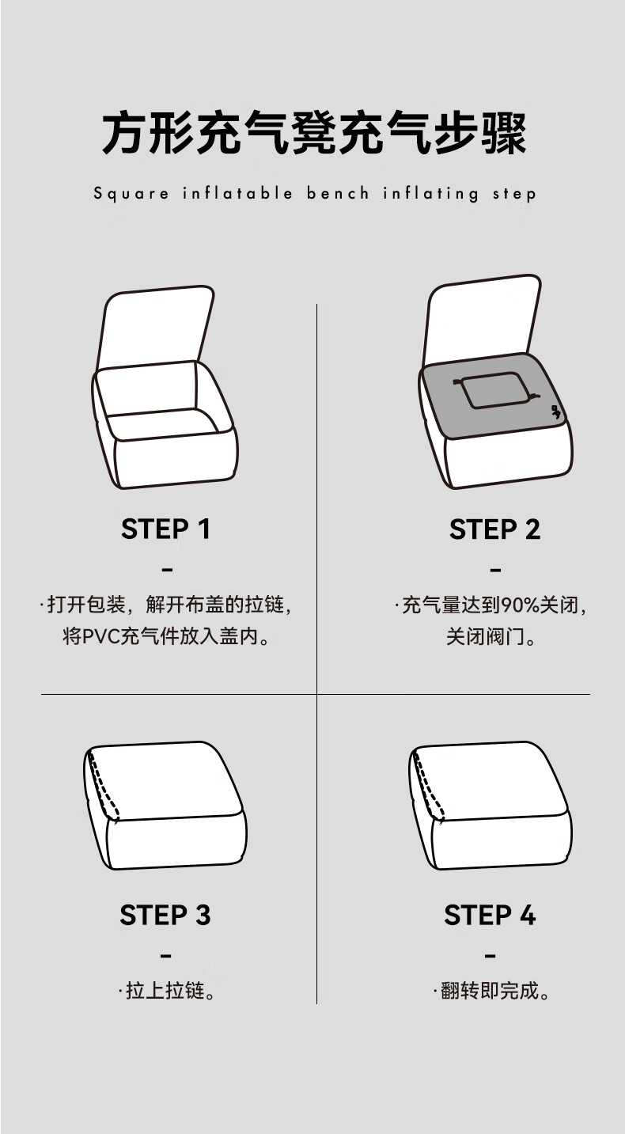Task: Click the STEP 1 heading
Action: [165, 529]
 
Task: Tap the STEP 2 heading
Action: [494, 529]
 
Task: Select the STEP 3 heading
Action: [165, 915]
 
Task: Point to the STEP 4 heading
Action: [490, 915]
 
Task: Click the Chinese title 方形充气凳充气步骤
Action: [314, 133]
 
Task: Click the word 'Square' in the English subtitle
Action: [131, 194]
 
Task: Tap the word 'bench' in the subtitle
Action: [338, 193]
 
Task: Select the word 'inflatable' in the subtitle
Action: [238, 193]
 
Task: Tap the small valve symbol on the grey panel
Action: [555, 412]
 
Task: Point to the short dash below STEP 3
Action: [166, 956]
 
